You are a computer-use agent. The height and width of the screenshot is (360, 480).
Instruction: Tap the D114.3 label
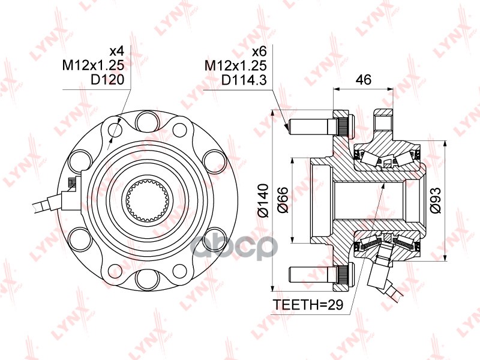(244, 80)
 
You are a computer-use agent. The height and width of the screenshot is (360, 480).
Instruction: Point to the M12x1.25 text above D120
(97, 65)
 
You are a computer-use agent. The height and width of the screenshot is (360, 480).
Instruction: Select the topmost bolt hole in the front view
(148, 122)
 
